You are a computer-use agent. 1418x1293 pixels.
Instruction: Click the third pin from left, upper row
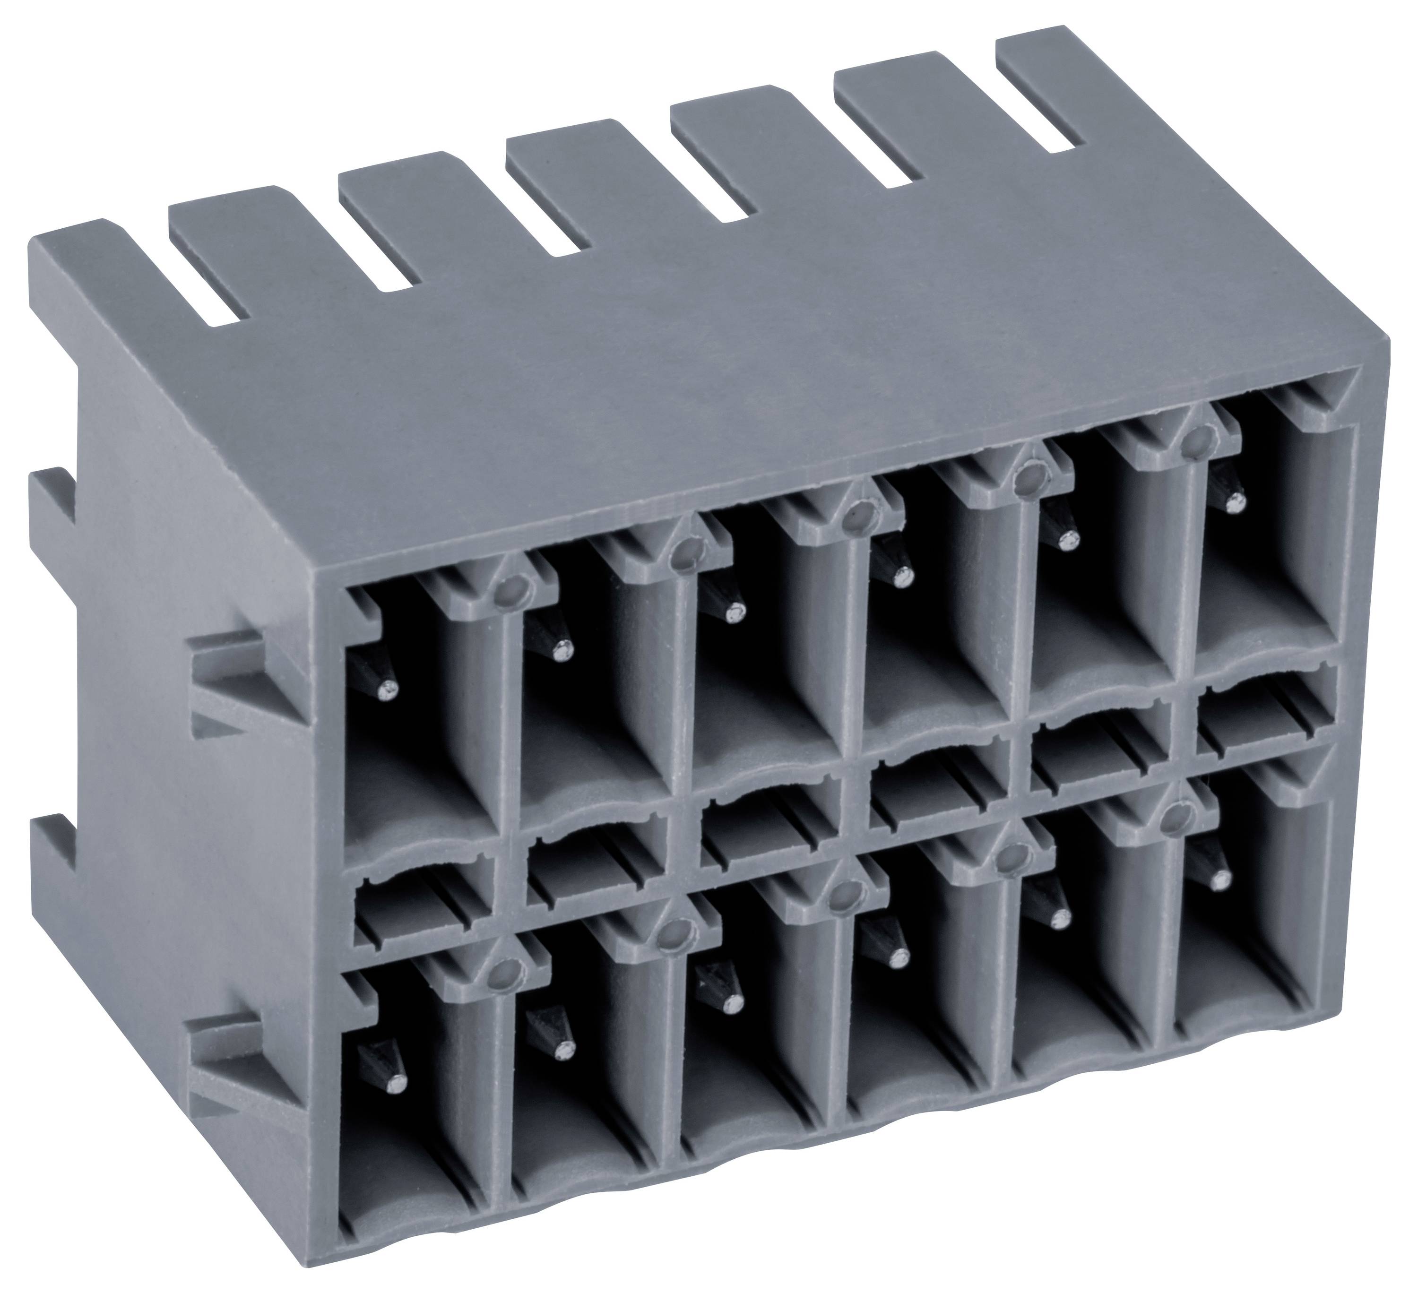[735, 616]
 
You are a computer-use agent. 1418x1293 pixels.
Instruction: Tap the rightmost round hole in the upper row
[1193, 441]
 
